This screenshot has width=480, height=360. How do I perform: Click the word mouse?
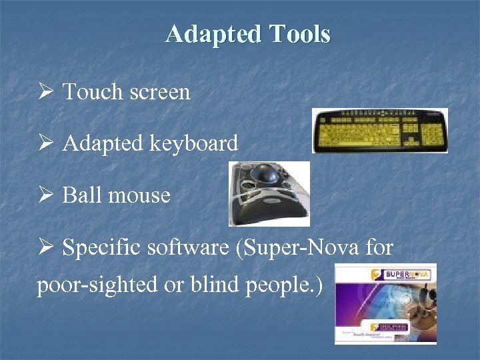click(x=139, y=196)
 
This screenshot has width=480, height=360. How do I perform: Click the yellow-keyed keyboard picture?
click(x=380, y=131)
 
